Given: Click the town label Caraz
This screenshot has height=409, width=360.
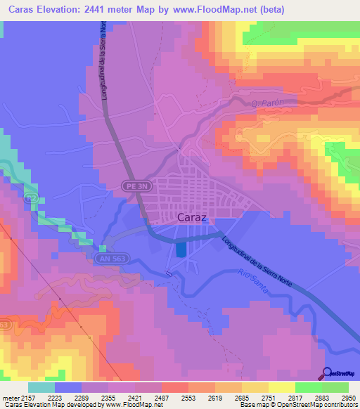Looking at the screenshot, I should (x=192, y=217).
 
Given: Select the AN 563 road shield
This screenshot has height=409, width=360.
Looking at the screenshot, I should (x=105, y=259).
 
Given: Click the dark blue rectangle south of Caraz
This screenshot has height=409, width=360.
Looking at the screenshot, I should (x=181, y=249).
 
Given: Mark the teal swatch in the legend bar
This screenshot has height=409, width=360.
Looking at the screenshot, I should (x=41, y=387).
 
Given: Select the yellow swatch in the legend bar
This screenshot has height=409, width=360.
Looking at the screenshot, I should (x=281, y=387).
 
